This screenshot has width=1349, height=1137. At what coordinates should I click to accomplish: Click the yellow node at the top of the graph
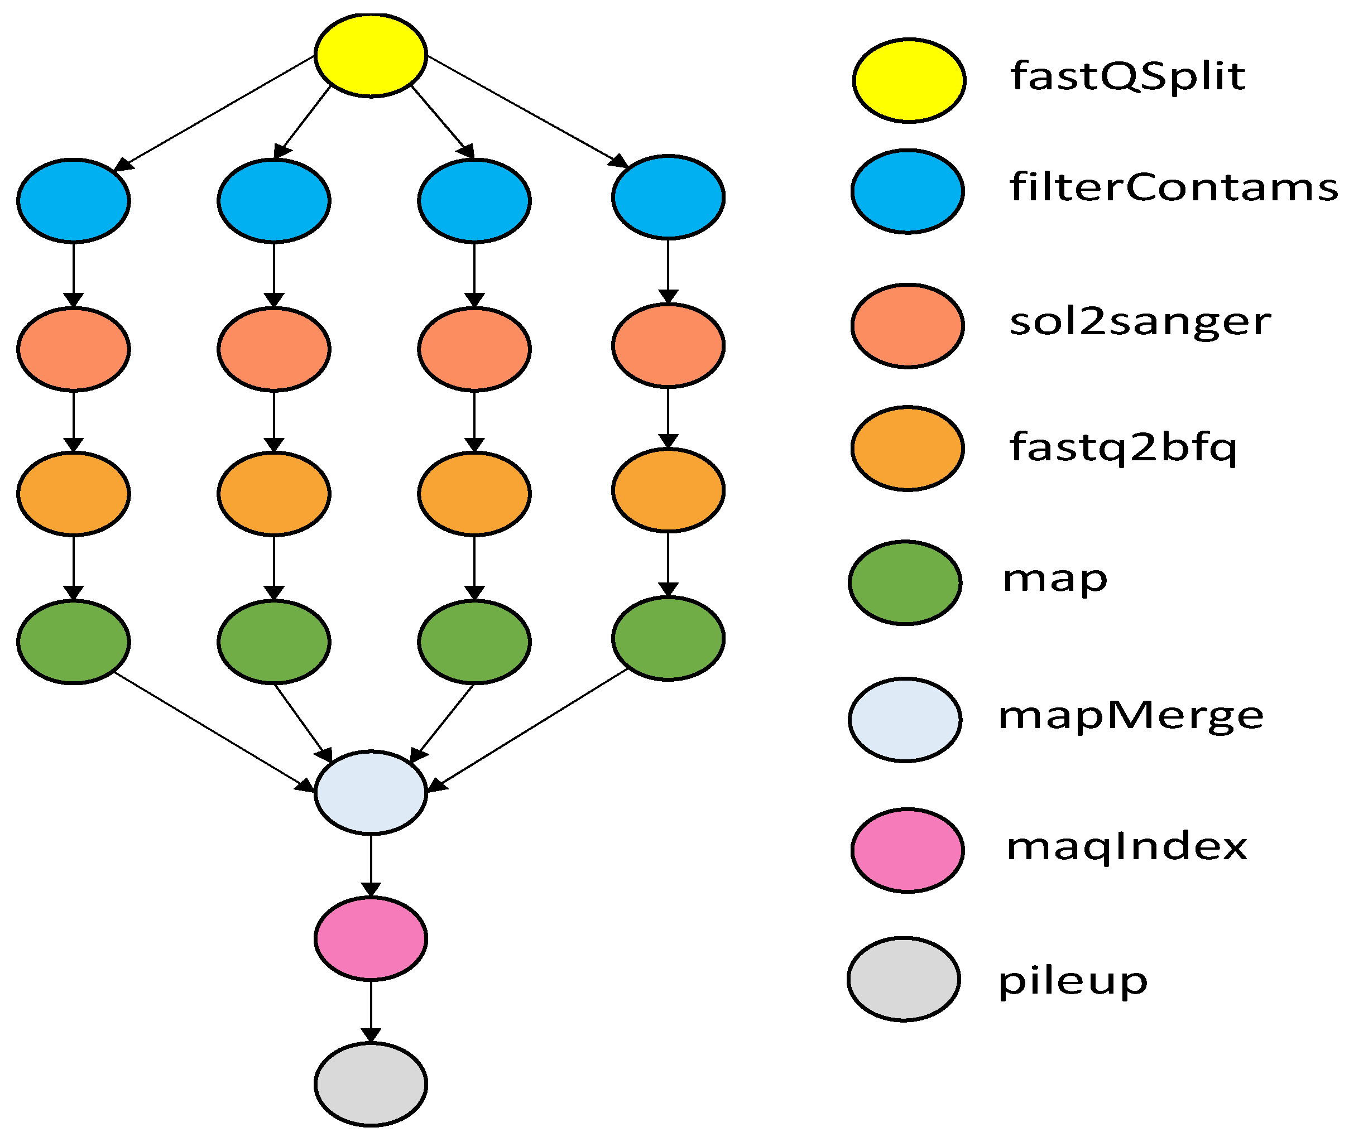[x=371, y=55]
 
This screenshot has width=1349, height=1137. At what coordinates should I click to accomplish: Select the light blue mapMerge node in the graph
[x=371, y=792]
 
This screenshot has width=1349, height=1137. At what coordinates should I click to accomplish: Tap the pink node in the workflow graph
[x=371, y=938]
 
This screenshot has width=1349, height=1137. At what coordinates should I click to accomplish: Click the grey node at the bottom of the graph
[x=371, y=1084]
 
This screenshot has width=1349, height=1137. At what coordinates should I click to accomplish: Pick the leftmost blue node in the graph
[x=74, y=200]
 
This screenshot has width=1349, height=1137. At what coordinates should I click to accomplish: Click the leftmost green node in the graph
[x=74, y=642]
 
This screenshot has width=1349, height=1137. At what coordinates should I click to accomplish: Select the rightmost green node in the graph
[x=668, y=638]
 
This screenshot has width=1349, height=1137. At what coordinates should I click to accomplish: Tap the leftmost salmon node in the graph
[x=74, y=349]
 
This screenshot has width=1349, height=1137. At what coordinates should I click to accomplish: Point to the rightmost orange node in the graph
[x=668, y=490]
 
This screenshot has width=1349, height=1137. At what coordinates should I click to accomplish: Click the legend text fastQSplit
[x=1127, y=76]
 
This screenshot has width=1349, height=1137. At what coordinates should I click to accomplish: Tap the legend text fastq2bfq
[x=1122, y=447]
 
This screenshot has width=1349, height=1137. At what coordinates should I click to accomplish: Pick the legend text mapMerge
[x=1130, y=715]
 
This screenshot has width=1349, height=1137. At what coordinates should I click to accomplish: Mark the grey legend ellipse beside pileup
[x=904, y=979]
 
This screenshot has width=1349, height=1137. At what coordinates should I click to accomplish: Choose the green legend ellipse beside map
[x=905, y=582]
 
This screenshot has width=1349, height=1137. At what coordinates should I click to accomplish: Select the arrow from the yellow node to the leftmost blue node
[x=216, y=113]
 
